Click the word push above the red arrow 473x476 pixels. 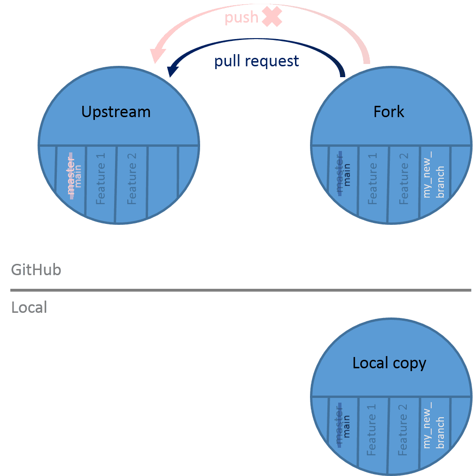coord(241,18)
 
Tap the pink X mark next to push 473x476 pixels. coord(272,17)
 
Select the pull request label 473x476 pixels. coord(256,61)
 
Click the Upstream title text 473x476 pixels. coord(116,112)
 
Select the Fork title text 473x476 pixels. coord(389,112)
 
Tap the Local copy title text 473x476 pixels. coord(389,363)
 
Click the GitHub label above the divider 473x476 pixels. coord(36,270)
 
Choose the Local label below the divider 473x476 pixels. coord(29,308)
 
